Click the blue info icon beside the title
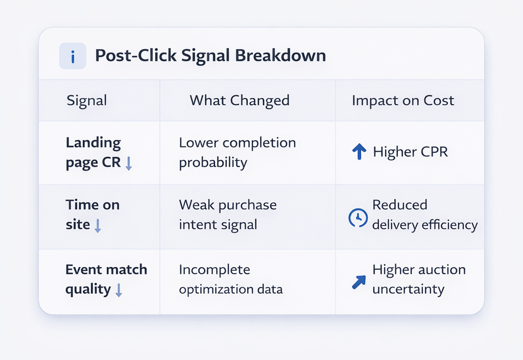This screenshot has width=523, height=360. click(73, 56)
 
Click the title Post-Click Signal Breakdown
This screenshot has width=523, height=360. click(210, 56)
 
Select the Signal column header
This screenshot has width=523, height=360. click(87, 101)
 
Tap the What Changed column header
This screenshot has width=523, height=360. click(240, 101)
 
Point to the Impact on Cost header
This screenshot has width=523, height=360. click(403, 101)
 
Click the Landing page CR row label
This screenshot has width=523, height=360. click(93, 153)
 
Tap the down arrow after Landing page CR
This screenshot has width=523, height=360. click(129, 164)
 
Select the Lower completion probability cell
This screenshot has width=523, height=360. click(237, 153)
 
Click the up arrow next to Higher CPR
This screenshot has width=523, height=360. click(360, 151)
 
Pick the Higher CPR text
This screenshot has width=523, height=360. click(411, 152)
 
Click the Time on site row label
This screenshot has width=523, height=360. click(92, 214)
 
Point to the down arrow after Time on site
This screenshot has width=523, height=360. click(98, 226)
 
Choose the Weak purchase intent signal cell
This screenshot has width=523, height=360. click(228, 214)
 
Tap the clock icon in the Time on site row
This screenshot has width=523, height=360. click(358, 218)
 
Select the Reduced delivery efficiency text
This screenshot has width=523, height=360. click(424, 214)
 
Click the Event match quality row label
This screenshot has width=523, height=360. click(106, 279)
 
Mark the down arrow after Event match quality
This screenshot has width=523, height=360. click(119, 291)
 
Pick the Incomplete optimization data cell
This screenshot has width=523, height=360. click(230, 279)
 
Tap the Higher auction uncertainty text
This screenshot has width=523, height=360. click(419, 279)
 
